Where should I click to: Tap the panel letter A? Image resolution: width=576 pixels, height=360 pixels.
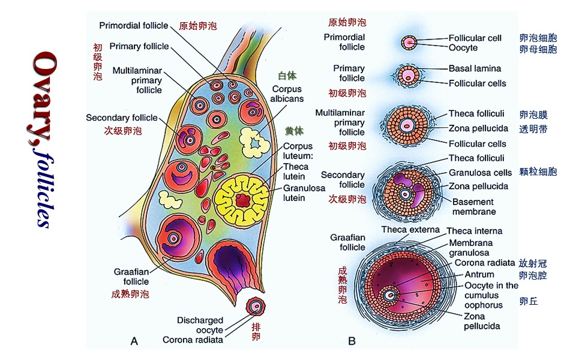pos(134,341)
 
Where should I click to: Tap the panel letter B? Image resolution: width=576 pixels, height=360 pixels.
pos(352,341)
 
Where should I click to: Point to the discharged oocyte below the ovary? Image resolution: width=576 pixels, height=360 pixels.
pos(257,307)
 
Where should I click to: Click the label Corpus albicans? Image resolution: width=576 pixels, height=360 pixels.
pos(286,94)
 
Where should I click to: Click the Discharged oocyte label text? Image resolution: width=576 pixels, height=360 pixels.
pos(201,325)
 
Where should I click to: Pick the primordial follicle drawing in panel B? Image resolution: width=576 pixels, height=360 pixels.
pos(410,43)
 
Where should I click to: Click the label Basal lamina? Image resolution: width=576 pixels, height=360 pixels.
pos(475,68)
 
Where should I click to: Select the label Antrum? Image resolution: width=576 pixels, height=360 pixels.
pos(479,274)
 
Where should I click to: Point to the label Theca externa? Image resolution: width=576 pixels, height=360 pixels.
pos(411,230)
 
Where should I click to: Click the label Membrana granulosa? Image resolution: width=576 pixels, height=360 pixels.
pos(470,248)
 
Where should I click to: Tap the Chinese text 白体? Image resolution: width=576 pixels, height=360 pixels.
pos(287,76)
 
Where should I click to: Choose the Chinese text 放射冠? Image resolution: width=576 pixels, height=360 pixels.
pos(533,263)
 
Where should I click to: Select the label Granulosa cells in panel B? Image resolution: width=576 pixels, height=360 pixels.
pos(480,172)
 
